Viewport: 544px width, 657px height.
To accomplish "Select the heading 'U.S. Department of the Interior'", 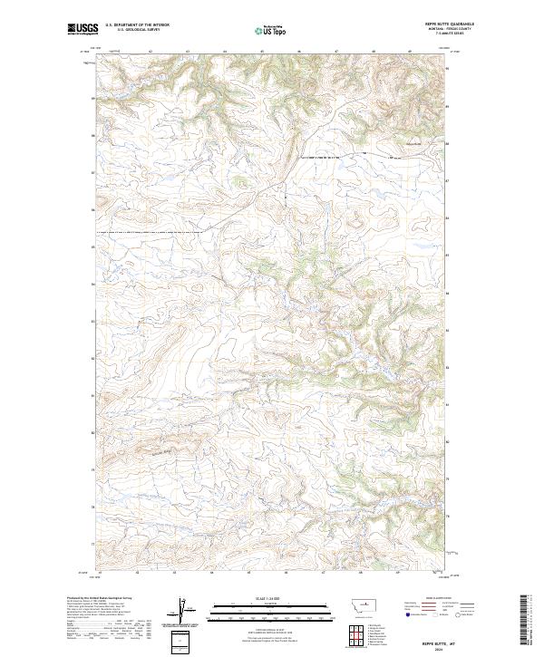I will (137, 26).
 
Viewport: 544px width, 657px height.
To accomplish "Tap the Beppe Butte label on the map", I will (413, 145).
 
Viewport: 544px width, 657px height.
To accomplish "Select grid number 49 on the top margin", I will (410, 51).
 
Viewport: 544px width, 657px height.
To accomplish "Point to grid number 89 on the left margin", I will (92, 97).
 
